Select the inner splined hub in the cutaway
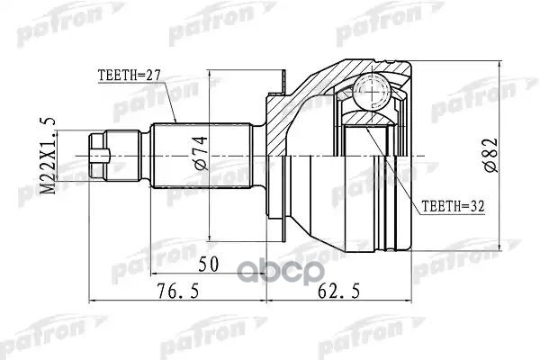(x=369, y=153)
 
